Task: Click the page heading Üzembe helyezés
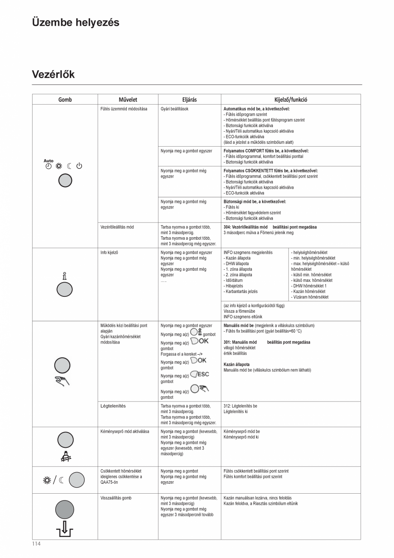click(x=75, y=22)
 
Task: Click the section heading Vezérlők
click(x=53, y=74)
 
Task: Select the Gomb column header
click(x=65, y=100)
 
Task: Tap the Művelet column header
click(x=128, y=100)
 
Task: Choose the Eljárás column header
click(x=189, y=100)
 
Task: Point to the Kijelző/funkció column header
click(x=290, y=100)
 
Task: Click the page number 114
click(x=36, y=544)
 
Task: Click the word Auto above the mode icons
click(x=48, y=161)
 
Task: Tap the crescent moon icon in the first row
click(x=69, y=166)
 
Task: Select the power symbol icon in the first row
click(x=79, y=166)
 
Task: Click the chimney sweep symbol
click(x=65, y=457)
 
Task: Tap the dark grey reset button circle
click(x=65, y=510)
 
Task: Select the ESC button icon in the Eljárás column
click(x=200, y=374)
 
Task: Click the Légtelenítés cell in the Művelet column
click(x=113, y=406)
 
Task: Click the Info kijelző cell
click(x=109, y=253)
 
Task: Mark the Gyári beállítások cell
click(x=174, y=109)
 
